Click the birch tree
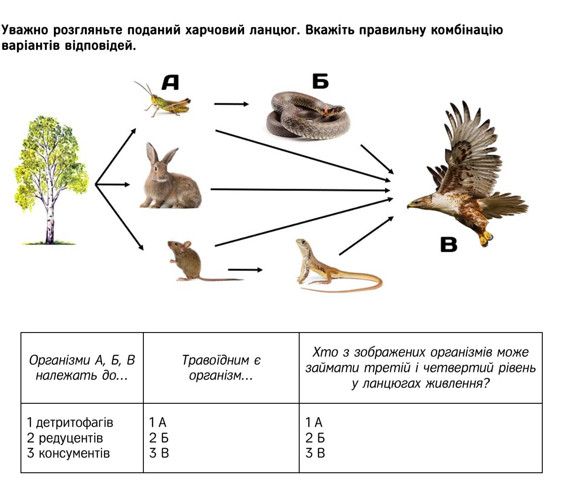(x=51, y=179)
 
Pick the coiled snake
(x=309, y=115)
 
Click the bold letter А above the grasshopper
(x=170, y=82)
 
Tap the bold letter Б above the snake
(x=320, y=81)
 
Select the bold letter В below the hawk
(x=449, y=244)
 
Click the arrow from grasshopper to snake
(x=232, y=104)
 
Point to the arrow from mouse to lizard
(x=245, y=270)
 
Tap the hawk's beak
(x=410, y=205)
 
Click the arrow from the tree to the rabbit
(x=112, y=184)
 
